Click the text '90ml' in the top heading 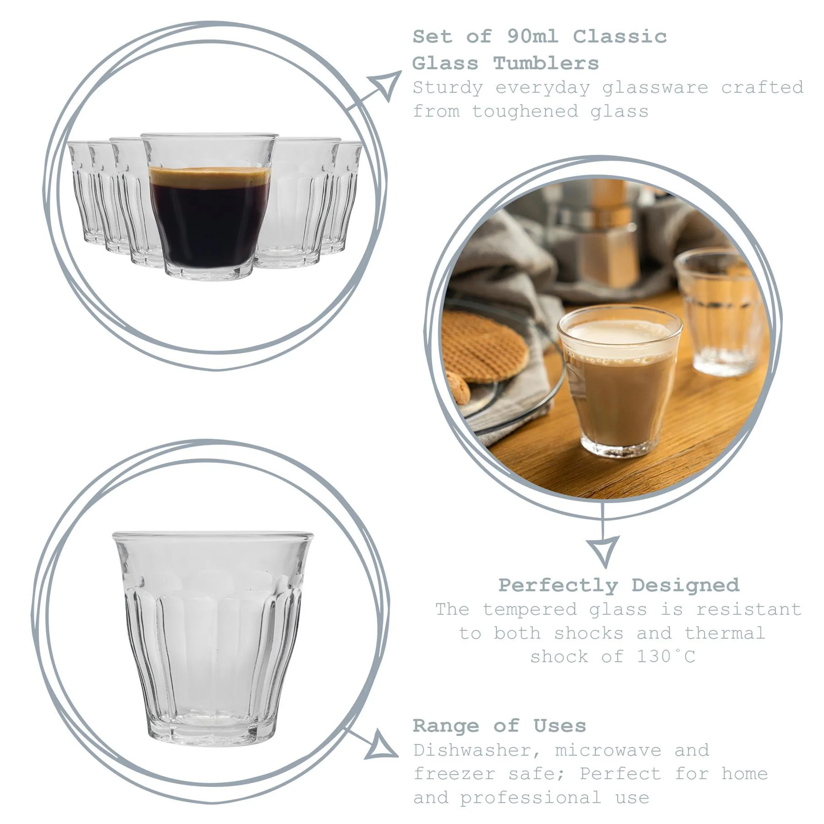click(x=532, y=37)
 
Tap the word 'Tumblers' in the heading click(x=546, y=64)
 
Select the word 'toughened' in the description click(x=525, y=112)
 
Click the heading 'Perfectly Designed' click(x=618, y=585)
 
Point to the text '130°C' click(x=666, y=657)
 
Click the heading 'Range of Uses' click(x=499, y=726)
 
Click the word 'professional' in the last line click(x=530, y=798)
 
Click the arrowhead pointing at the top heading click(x=387, y=85)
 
